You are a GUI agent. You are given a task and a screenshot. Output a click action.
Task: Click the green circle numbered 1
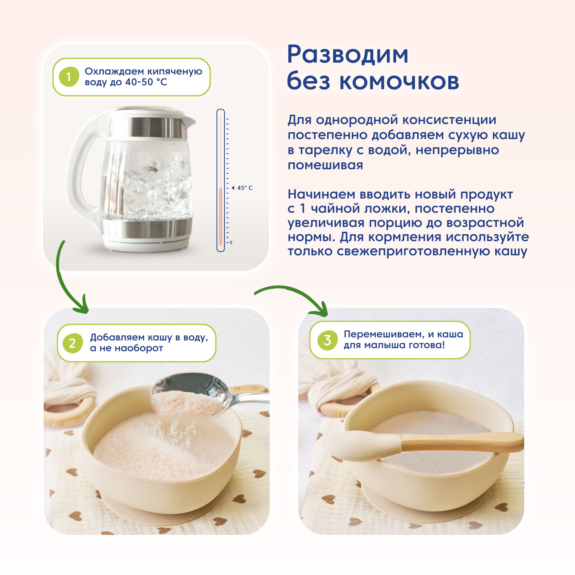tap(69, 77)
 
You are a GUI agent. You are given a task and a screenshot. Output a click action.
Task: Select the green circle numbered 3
tap(327, 340)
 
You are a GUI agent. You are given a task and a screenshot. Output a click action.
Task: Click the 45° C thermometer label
tap(245, 188)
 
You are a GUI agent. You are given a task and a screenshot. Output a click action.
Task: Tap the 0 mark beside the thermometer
tap(231, 243)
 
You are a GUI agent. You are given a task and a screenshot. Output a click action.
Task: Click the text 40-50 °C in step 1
tap(146, 82)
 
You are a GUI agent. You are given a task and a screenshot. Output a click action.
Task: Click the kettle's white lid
tap(149, 112)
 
